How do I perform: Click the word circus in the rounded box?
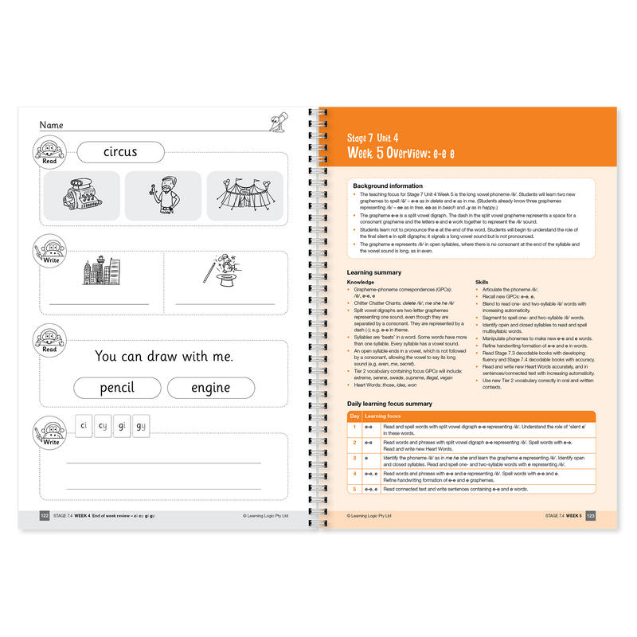[x=120, y=151]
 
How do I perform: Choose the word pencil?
[x=117, y=388]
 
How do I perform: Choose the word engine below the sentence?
[x=211, y=388]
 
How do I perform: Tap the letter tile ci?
[x=84, y=425]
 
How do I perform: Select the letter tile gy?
[x=141, y=425]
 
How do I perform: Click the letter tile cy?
[x=103, y=425]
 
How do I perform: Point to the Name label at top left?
[x=51, y=125]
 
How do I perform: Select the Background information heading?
[x=388, y=186]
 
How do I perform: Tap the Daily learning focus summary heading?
[x=395, y=404]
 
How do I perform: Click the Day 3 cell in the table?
[x=354, y=459]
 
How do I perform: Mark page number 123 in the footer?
[x=590, y=516]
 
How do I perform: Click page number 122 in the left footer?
[x=45, y=516]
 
